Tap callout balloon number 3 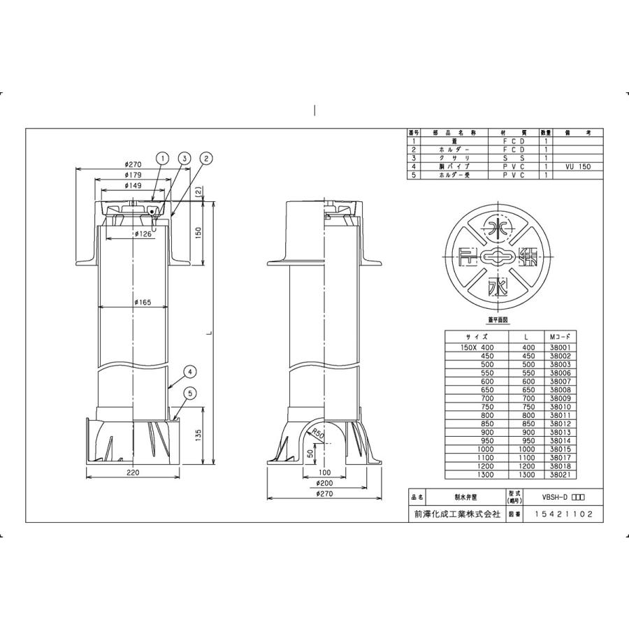pyautogui.click(x=184, y=159)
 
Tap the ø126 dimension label pyautogui.click(x=145, y=233)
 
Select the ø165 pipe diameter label pyautogui.click(x=143, y=302)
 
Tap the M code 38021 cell pyautogui.click(x=563, y=473)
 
